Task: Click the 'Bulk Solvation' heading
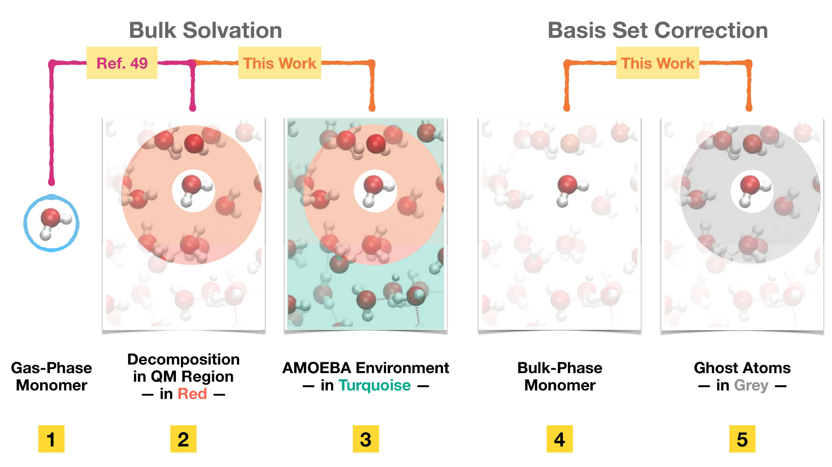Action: (206, 30)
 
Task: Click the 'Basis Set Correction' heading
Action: (658, 30)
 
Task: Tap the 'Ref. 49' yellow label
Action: (122, 63)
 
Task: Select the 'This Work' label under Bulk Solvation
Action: (280, 63)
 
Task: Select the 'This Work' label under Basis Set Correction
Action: (658, 63)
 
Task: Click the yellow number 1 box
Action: (51, 439)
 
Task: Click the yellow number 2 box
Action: (183, 439)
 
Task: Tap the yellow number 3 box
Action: (366, 439)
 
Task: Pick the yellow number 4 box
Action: (560, 439)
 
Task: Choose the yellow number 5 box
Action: (742, 439)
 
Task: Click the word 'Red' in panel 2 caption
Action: (192, 393)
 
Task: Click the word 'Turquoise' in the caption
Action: (375, 386)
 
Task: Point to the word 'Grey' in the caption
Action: (751, 386)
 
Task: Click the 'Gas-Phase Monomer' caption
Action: (52, 376)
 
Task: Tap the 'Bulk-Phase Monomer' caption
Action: (560, 376)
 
